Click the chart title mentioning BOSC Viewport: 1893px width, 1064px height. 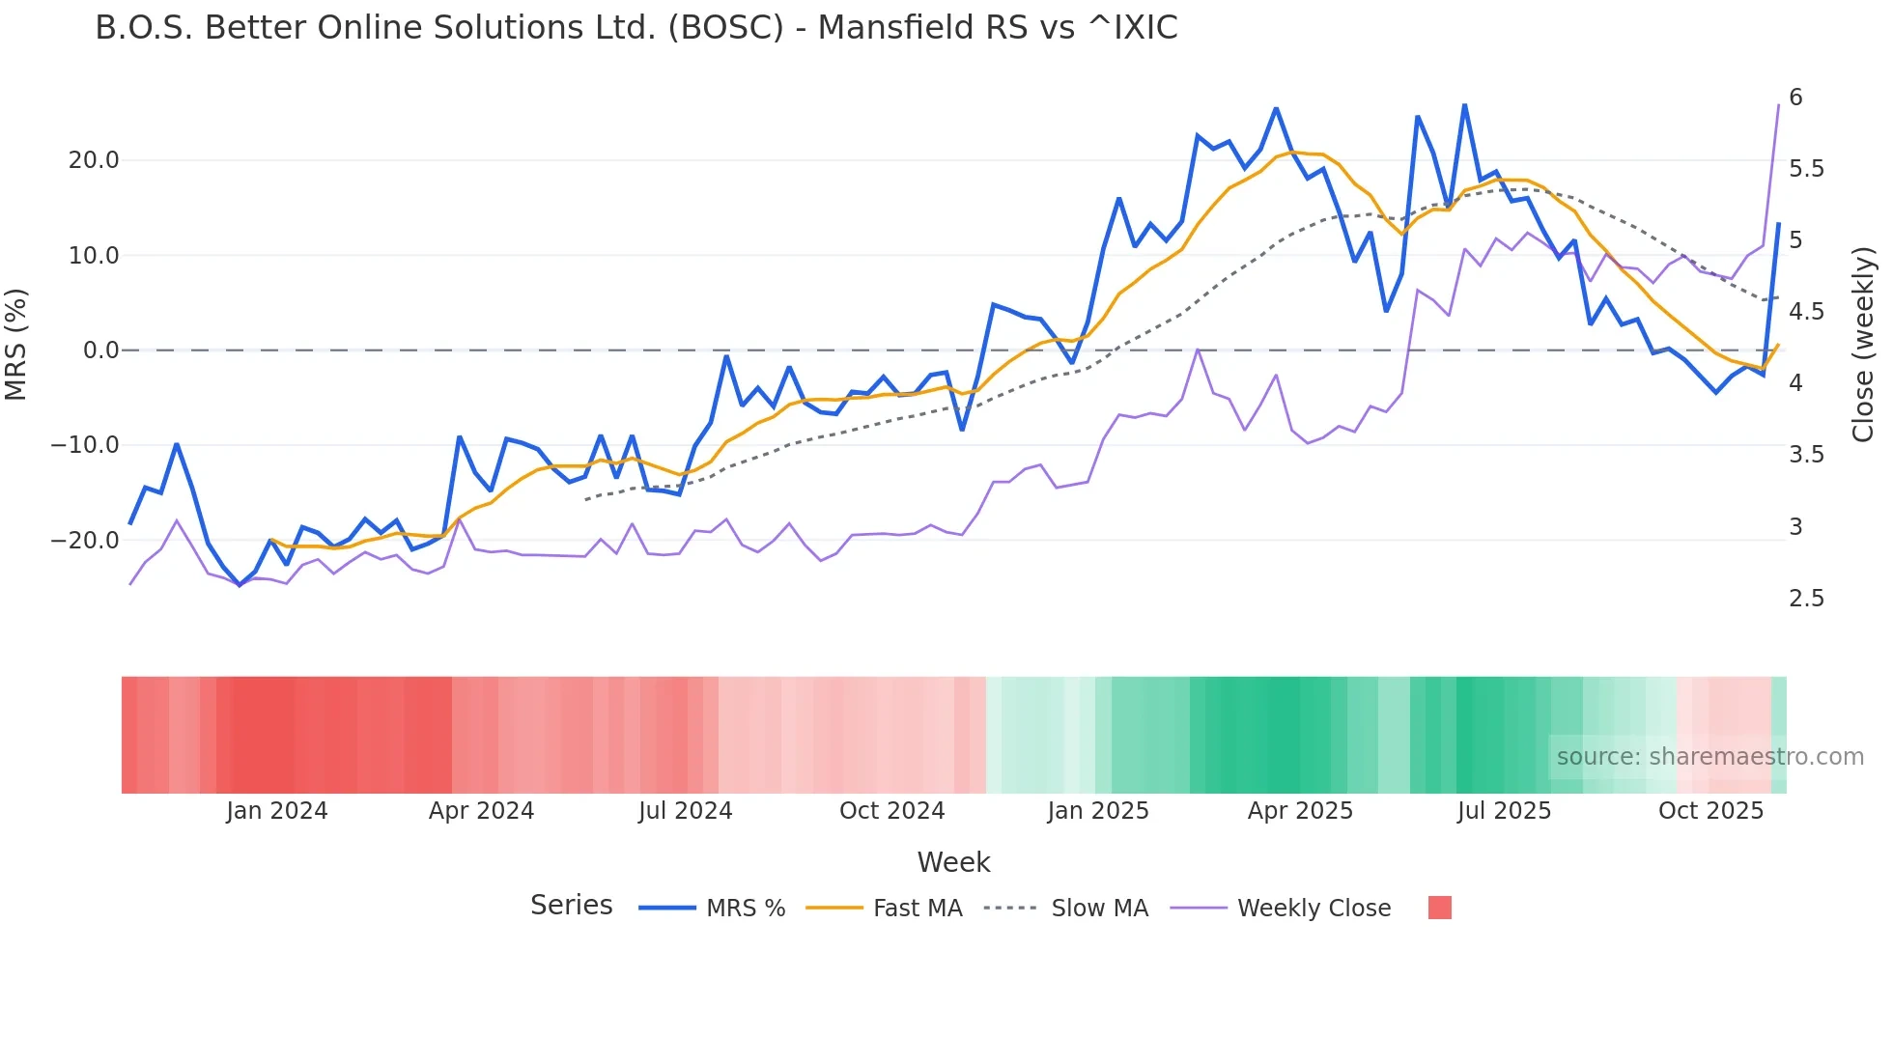click(636, 28)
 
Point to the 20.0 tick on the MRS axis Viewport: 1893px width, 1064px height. click(94, 160)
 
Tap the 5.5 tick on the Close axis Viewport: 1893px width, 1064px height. click(1806, 169)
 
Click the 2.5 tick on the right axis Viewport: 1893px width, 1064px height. click(1806, 599)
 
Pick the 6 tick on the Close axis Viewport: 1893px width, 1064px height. click(1795, 98)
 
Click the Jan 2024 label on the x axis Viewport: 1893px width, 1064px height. click(277, 811)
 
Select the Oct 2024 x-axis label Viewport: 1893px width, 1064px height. click(891, 811)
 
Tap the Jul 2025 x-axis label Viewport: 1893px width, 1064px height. click(1504, 811)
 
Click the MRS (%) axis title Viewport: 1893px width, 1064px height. click(16, 345)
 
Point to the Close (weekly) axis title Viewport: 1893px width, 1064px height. click(1863, 345)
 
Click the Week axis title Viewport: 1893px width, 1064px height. click(953, 862)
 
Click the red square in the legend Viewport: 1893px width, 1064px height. click(1439, 908)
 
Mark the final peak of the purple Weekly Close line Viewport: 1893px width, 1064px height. click(1778, 105)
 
